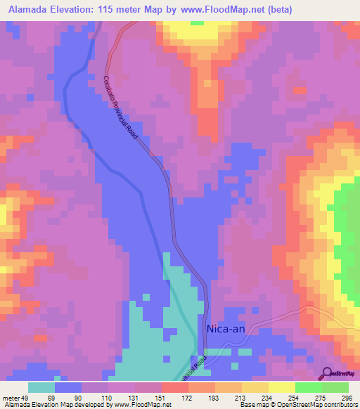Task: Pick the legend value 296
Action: (347, 398)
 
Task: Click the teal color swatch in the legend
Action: (41, 387)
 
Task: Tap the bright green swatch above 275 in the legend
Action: (309, 387)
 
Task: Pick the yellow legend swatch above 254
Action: (281, 387)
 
